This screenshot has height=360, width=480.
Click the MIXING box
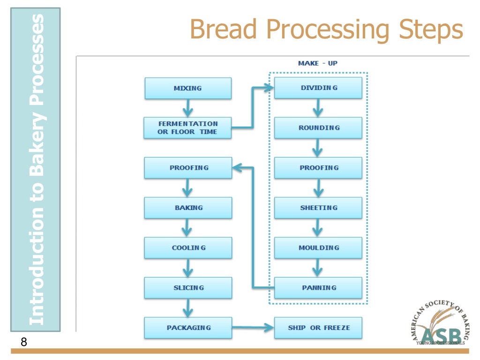click(x=187, y=88)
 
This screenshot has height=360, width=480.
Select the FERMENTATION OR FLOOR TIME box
click(x=187, y=128)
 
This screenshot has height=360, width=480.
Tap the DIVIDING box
click(x=318, y=88)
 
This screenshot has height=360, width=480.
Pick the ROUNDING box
click(x=318, y=128)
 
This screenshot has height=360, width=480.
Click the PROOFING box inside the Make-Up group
click(x=318, y=168)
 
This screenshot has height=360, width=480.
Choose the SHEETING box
click(x=318, y=208)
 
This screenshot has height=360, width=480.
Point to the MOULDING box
click(x=318, y=247)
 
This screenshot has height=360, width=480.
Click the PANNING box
click(x=318, y=288)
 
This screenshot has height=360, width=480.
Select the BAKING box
click(x=187, y=208)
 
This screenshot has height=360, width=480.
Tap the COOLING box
click(x=187, y=247)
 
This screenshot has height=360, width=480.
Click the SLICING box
click(x=187, y=288)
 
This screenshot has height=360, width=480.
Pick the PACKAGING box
click(x=187, y=328)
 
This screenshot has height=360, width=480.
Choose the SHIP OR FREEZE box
click(x=318, y=328)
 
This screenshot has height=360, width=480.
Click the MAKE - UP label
click(x=317, y=63)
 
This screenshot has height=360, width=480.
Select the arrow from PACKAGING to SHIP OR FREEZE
click(x=253, y=328)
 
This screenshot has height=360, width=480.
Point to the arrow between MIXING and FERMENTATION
click(x=188, y=108)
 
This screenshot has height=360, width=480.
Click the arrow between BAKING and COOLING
click(x=188, y=228)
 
